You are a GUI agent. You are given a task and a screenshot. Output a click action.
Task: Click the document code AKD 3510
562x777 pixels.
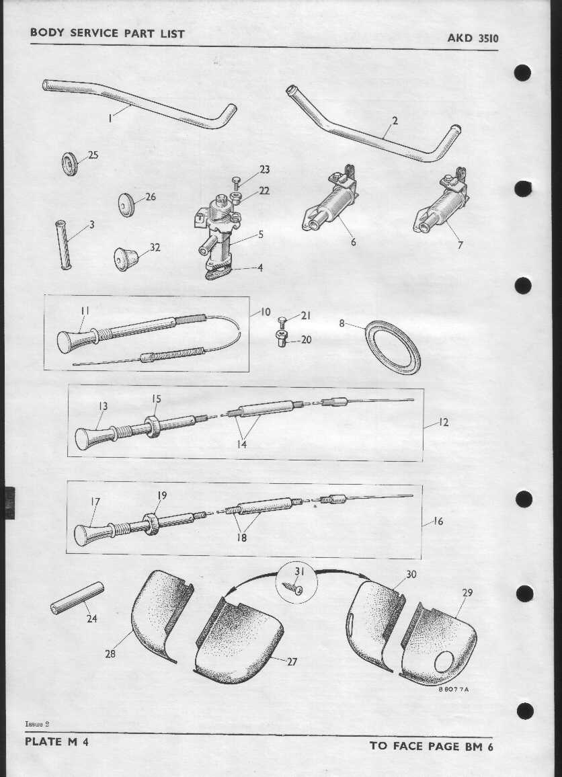[x=473, y=38]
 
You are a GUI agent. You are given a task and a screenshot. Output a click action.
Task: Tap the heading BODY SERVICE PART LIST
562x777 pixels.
[x=108, y=33]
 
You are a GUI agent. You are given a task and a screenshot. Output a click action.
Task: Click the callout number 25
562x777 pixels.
[x=93, y=155]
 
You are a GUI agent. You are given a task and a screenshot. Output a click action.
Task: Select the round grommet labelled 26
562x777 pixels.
[x=126, y=204]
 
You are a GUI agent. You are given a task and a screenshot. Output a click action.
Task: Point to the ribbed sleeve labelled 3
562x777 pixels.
[x=63, y=245]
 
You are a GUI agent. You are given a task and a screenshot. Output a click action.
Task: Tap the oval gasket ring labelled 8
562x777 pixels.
[x=393, y=347]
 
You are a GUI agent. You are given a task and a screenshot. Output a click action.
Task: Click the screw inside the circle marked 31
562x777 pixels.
[x=293, y=588]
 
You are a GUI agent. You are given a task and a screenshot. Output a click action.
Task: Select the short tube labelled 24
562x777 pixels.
[x=77, y=598]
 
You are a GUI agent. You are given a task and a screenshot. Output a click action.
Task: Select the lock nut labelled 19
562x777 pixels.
[x=151, y=524]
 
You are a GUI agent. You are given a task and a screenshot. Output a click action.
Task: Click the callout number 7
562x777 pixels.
[x=460, y=245]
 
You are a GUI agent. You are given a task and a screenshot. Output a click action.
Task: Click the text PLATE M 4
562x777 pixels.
[x=56, y=742]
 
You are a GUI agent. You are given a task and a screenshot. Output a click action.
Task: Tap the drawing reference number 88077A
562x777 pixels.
[x=453, y=689]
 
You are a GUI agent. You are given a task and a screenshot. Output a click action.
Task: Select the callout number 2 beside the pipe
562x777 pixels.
[x=395, y=120]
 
